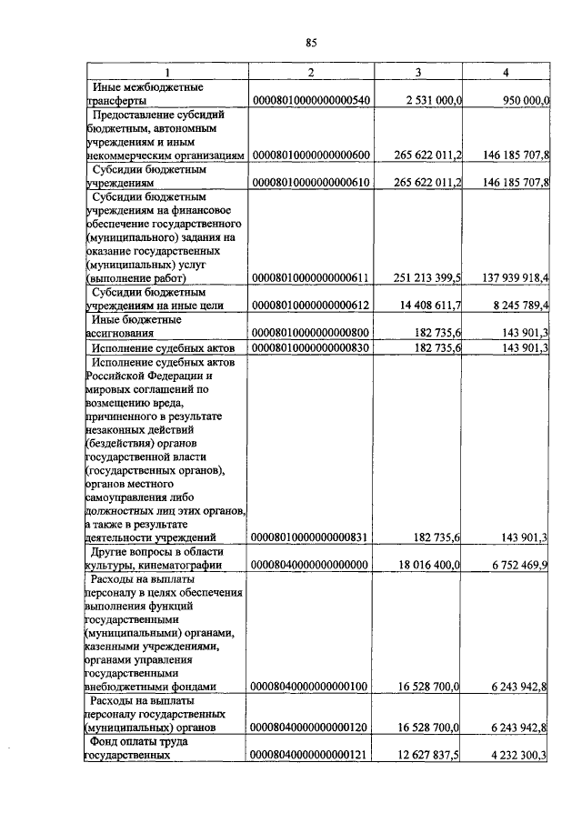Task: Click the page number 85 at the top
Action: [310, 43]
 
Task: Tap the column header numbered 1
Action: [166, 72]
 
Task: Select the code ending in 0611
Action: [310, 277]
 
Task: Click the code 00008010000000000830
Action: [310, 348]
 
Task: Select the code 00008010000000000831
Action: [310, 537]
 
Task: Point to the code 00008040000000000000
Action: [310, 566]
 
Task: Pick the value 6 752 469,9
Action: [511, 566]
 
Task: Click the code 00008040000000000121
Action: [310, 755]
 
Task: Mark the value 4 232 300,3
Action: [511, 755]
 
